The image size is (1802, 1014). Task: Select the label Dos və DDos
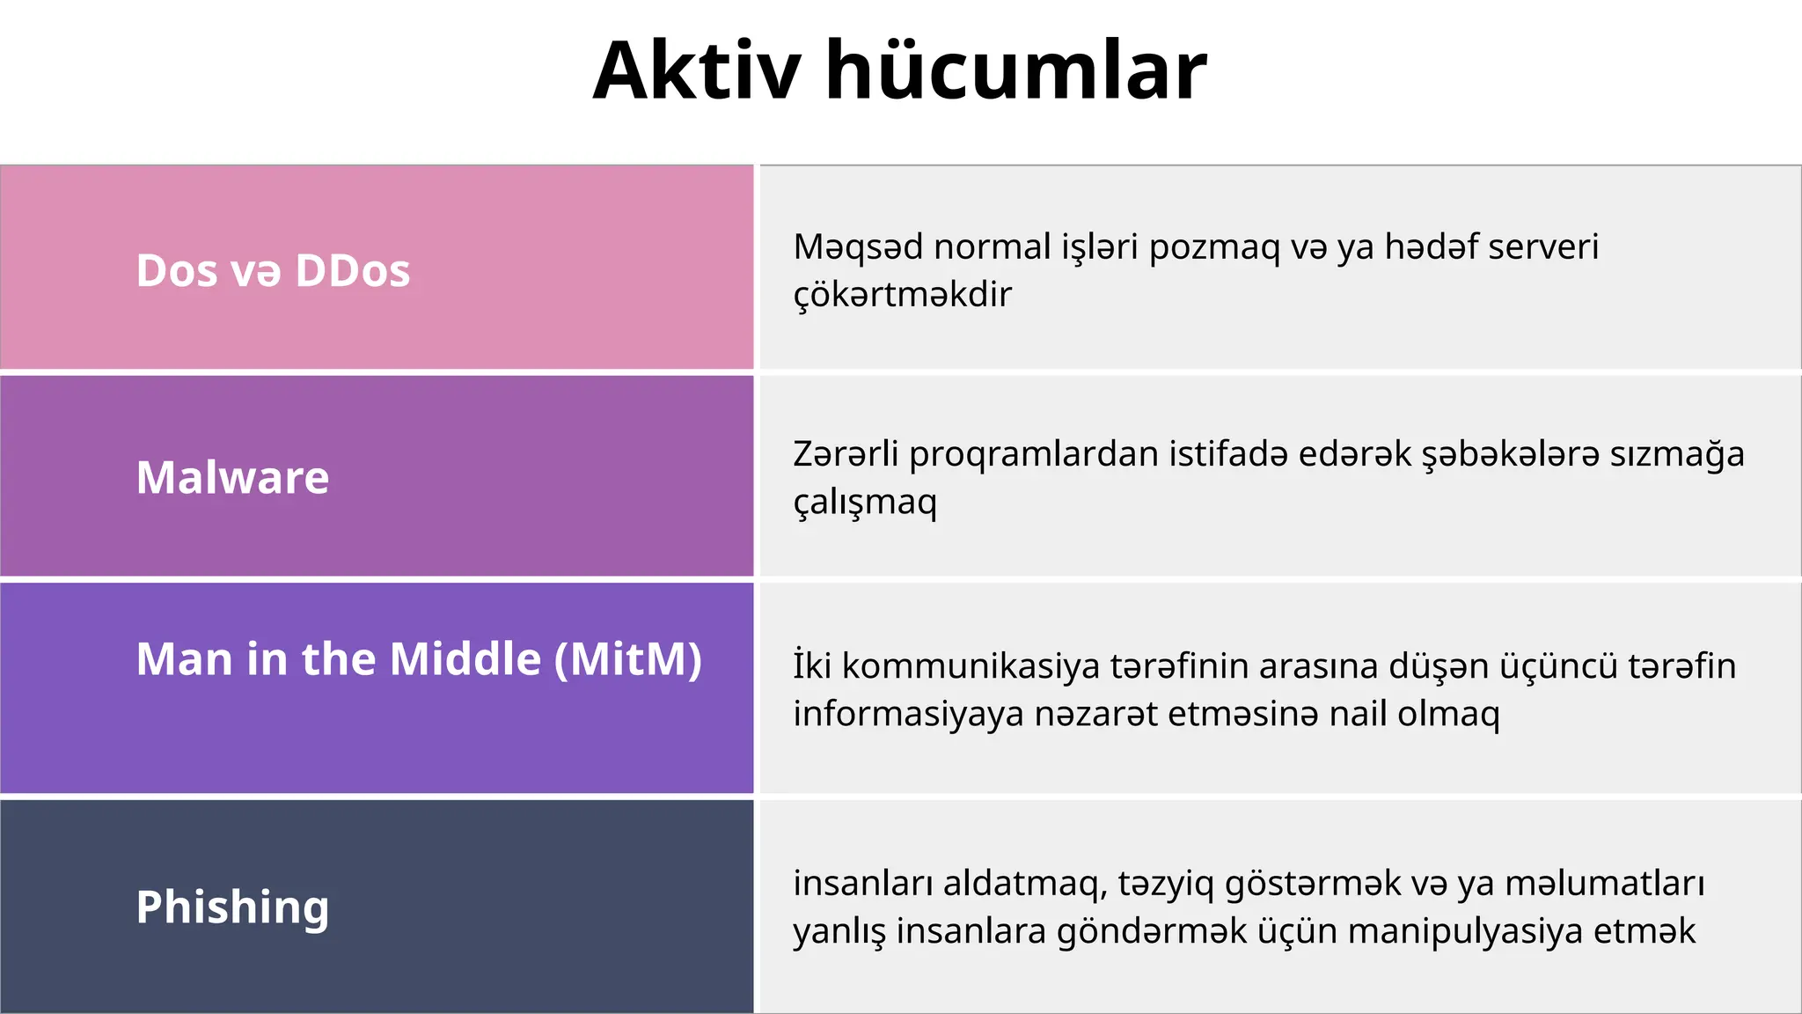click(273, 270)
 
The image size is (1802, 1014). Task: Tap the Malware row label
click(232, 477)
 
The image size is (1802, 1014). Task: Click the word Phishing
click(232, 907)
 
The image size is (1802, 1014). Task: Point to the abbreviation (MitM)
click(628, 658)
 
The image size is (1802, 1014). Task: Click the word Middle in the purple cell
click(465, 658)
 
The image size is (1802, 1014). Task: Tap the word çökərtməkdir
click(902, 295)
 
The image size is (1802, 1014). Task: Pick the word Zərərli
click(846, 454)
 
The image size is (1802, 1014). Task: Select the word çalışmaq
click(865, 503)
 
